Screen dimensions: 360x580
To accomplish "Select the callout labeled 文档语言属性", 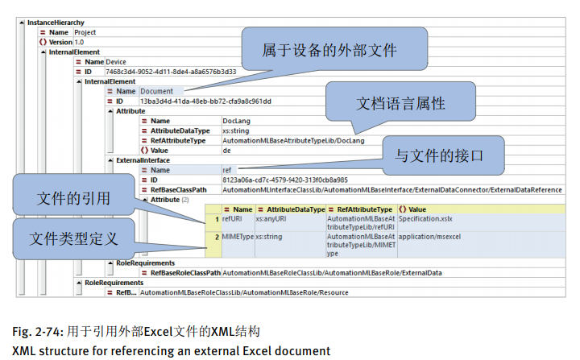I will (x=400, y=105).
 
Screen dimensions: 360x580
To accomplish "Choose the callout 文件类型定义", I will (x=73, y=238).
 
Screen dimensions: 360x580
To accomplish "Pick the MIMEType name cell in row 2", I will (x=237, y=238).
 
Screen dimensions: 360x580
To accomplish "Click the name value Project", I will (x=85, y=32).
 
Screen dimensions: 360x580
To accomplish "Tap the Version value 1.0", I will (x=79, y=42).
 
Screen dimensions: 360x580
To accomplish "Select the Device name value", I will (x=116, y=62).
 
